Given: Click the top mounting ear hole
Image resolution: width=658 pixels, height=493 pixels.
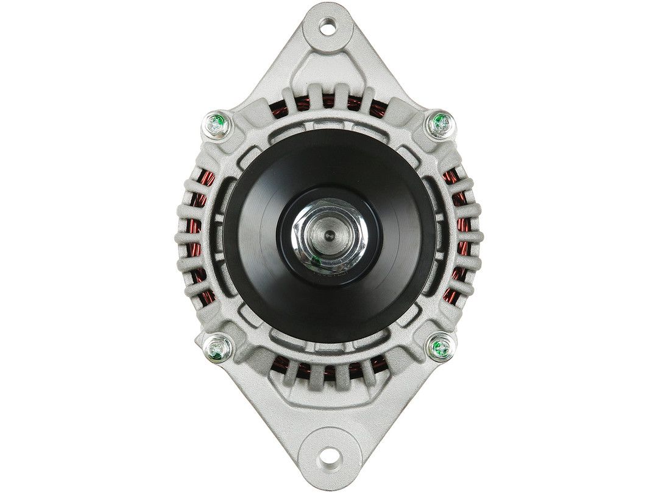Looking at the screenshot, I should click(328, 26).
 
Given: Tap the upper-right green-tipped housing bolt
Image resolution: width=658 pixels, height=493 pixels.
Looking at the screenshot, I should click(440, 124).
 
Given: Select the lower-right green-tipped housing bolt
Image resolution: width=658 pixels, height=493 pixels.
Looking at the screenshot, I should click(440, 348).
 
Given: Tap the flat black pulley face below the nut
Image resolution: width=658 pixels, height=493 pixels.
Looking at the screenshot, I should click(329, 304).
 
